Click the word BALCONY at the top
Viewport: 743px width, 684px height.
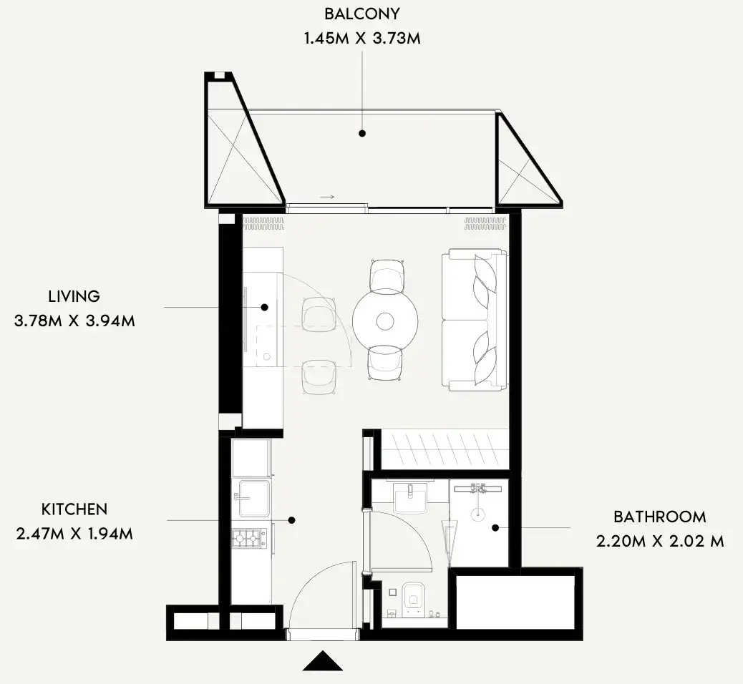362,14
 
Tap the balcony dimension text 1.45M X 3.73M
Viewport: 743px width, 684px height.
362,39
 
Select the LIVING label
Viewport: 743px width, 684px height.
74,296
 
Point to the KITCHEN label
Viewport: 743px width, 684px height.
74,509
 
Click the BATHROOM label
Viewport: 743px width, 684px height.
660,517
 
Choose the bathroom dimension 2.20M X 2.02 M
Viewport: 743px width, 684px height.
660,541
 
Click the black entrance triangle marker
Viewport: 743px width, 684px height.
323,661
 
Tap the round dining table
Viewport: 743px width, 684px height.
385,322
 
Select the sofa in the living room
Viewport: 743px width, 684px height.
475,320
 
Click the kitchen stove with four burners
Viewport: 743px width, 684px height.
250,539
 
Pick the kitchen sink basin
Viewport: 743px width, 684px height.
254,498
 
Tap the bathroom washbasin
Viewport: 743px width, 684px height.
410,498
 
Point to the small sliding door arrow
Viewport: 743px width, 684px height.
327,197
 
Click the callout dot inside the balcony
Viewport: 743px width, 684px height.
362,134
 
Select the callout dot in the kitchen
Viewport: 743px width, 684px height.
292,520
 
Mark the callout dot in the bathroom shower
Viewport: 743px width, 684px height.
495,528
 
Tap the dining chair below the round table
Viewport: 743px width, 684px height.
385,363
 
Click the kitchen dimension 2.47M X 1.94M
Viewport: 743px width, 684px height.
74,534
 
